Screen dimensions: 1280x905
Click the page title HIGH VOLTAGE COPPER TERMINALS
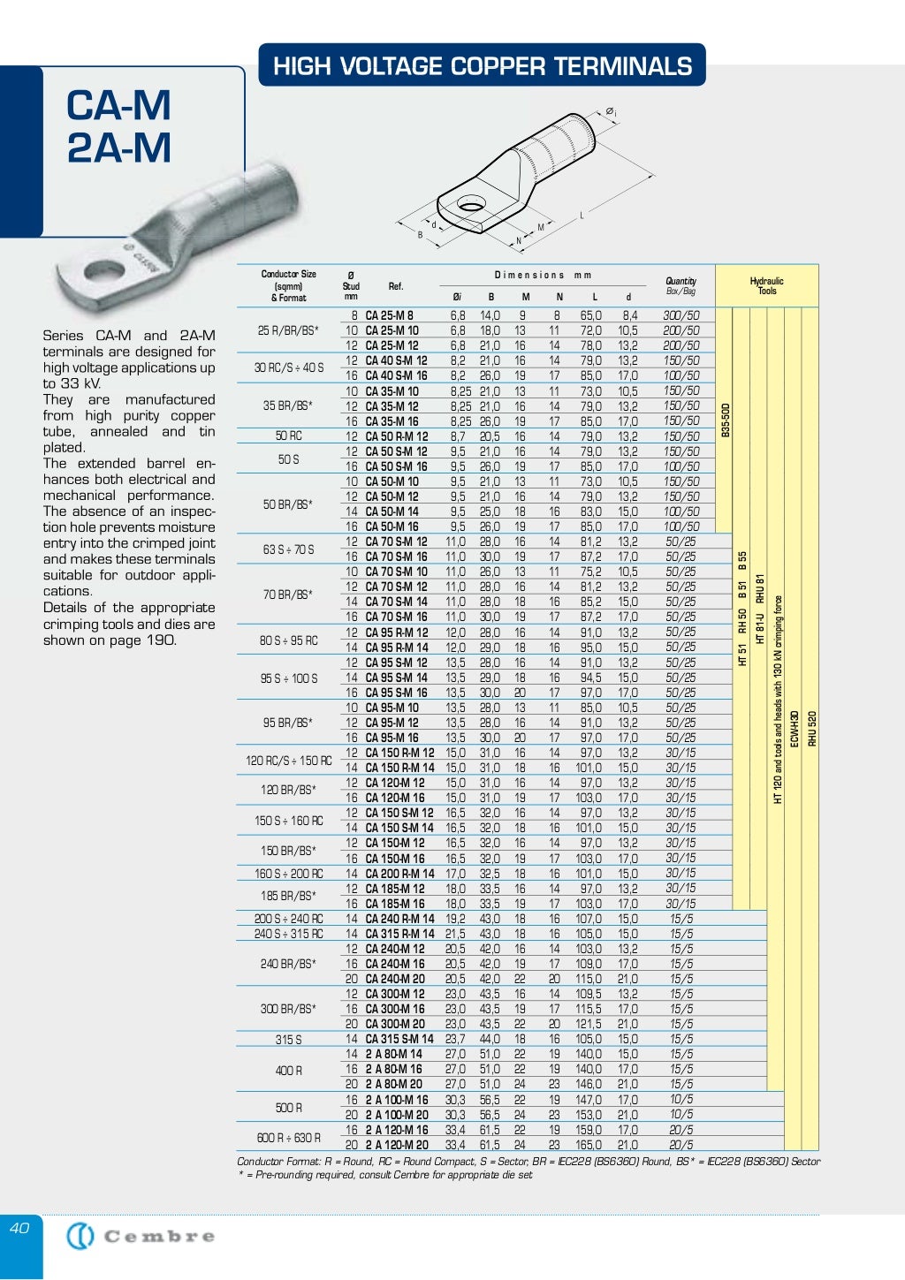(x=482, y=66)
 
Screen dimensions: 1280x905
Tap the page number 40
(x=19, y=1227)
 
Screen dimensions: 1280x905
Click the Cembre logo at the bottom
(x=141, y=1236)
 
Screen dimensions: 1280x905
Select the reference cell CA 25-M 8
(x=389, y=315)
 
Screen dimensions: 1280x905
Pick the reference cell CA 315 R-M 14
(x=399, y=934)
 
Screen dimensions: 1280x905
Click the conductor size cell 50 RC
(x=288, y=436)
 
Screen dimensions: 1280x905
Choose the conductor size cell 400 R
(x=288, y=1070)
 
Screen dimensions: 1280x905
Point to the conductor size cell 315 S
(x=288, y=1040)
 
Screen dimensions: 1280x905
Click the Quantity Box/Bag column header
(x=681, y=286)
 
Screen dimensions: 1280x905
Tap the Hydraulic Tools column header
(x=766, y=286)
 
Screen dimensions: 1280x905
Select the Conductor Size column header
(x=288, y=286)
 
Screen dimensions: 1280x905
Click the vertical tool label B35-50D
(x=725, y=420)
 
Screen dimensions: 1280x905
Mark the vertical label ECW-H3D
(x=794, y=728)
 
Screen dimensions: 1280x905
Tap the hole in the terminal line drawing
(x=470, y=208)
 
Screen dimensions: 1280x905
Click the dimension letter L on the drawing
(x=582, y=216)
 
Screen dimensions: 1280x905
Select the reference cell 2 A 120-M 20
(x=397, y=1145)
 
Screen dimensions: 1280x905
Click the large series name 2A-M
(x=119, y=148)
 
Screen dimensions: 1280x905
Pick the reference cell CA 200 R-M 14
(x=399, y=874)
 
